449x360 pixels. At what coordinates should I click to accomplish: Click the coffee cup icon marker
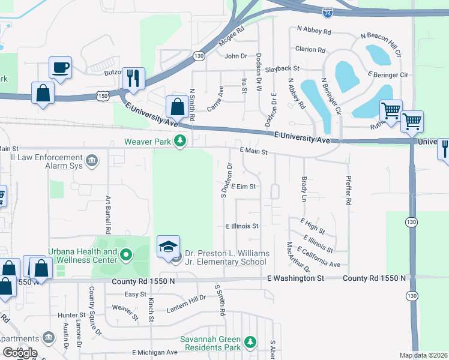60,67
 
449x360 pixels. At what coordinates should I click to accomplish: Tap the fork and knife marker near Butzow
133,77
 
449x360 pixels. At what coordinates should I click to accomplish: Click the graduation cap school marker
168,246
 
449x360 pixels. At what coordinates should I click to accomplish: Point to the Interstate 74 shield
344,12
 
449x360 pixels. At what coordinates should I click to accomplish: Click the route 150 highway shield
103,95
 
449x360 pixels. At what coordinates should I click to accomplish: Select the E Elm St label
244,187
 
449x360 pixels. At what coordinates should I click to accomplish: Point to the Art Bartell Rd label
108,214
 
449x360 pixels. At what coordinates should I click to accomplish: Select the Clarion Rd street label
310,50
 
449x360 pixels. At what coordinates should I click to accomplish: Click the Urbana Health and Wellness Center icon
125,256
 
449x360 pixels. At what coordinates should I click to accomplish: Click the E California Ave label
318,259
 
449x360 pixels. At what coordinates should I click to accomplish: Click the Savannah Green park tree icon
250,343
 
